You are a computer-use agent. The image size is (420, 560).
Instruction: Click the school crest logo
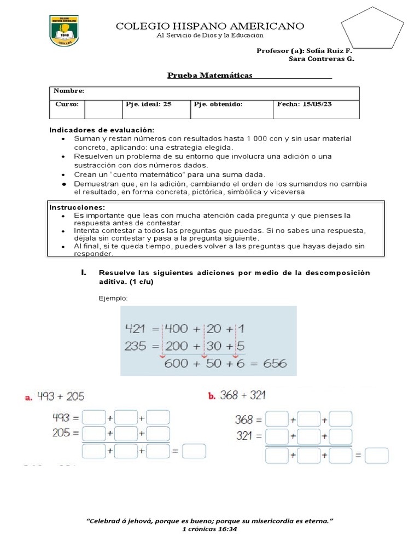point(67,30)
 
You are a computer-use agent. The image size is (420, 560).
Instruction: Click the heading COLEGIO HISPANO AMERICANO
point(209,26)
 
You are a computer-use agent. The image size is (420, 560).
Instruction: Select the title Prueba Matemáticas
point(210,75)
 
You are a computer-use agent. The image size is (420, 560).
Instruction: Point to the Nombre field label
point(69,91)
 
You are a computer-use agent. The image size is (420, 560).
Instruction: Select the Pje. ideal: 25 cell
point(149,104)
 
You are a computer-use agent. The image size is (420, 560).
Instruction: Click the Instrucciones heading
point(77,208)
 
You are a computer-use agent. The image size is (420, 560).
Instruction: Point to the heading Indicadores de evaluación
point(102,130)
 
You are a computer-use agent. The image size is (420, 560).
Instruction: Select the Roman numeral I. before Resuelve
point(84,272)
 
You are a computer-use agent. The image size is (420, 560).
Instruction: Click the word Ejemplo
point(113,298)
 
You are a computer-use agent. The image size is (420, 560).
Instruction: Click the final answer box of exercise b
point(376,455)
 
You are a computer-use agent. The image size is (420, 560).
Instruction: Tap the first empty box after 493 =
point(93,418)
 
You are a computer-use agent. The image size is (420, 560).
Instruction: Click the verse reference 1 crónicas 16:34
point(210,529)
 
